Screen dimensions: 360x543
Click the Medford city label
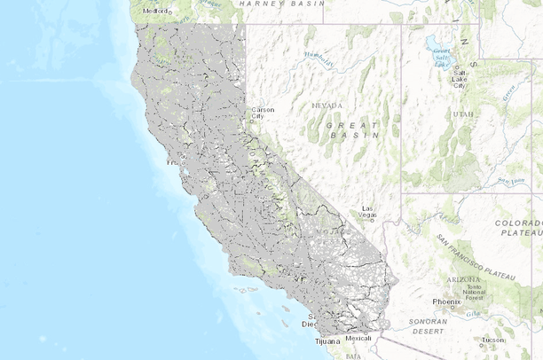click(154, 12)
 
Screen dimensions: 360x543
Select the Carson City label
click(263, 113)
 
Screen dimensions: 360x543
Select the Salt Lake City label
click(460, 80)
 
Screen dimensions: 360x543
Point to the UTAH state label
click(462, 114)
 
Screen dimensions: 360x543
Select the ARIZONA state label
click(463, 279)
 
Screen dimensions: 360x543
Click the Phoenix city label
click(446, 301)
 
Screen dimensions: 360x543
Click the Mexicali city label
click(358, 338)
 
